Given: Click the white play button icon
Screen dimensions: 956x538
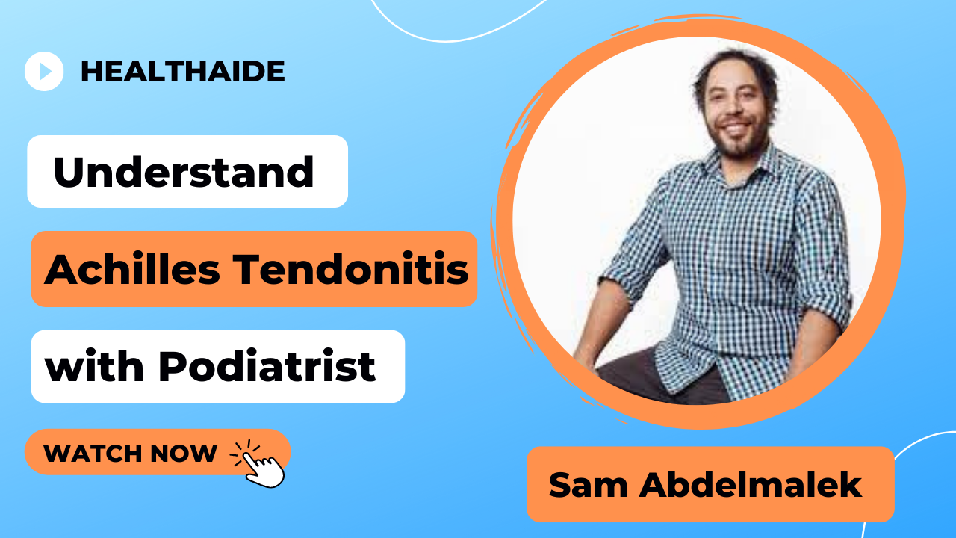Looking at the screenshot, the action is [44, 71].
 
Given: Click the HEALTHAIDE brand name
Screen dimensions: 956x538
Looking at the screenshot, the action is [183, 71].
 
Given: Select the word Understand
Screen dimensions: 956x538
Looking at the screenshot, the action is [184, 172].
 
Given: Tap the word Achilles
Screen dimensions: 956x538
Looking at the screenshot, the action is [132, 270].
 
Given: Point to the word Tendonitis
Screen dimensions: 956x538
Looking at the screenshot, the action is [351, 270].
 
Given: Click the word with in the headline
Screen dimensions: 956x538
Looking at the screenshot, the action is [94, 365].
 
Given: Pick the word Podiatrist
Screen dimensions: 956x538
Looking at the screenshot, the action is [267, 365].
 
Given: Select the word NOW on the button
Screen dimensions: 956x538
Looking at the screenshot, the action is [184, 453].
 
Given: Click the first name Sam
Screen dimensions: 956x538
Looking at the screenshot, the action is [588, 485].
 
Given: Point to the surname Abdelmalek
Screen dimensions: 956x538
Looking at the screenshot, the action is [751, 485].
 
